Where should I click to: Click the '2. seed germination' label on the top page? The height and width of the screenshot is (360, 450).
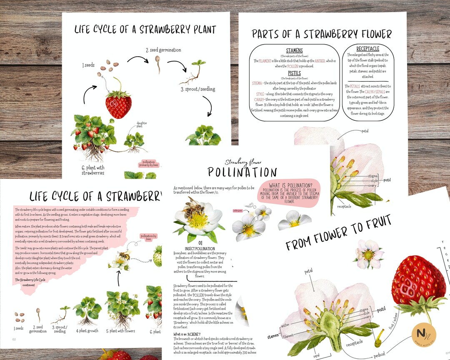point(163,50)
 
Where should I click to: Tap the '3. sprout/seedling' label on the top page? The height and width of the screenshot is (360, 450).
point(197,89)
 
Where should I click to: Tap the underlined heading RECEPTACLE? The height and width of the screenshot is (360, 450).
point(368,49)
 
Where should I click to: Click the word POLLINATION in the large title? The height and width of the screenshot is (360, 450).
point(242,172)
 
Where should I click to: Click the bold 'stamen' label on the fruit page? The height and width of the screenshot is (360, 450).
point(273,335)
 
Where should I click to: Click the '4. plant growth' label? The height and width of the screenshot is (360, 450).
point(87,331)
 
